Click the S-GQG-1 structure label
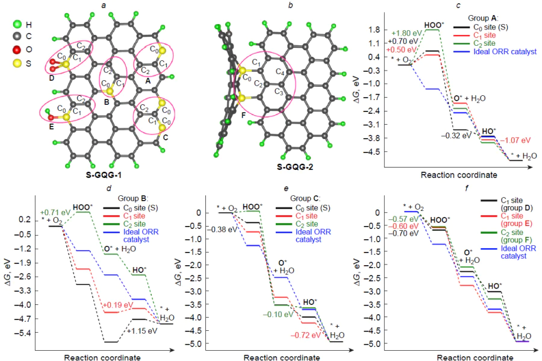coord(106,175)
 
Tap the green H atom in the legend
coord(17,25)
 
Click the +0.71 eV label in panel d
coord(55,213)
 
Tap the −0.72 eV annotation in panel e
coord(305,334)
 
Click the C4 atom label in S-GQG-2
coord(279,72)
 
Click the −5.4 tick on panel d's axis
coord(25,333)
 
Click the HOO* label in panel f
coord(440,220)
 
